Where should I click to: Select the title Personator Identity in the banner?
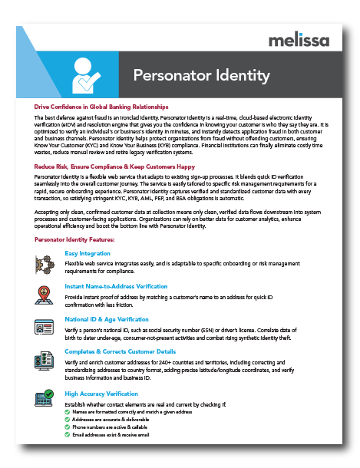(x=201, y=75)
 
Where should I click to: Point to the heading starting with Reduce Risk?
(x=114, y=166)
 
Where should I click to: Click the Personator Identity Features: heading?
(x=74, y=240)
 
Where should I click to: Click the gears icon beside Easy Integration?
(x=45, y=262)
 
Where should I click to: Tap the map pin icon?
(x=45, y=294)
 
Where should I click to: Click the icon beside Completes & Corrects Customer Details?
(x=45, y=361)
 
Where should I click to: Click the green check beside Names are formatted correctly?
(x=67, y=412)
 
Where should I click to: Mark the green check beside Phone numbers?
(x=67, y=427)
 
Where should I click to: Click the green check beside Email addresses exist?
(x=67, y=435)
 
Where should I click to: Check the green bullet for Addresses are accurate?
(x=67, y=420)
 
